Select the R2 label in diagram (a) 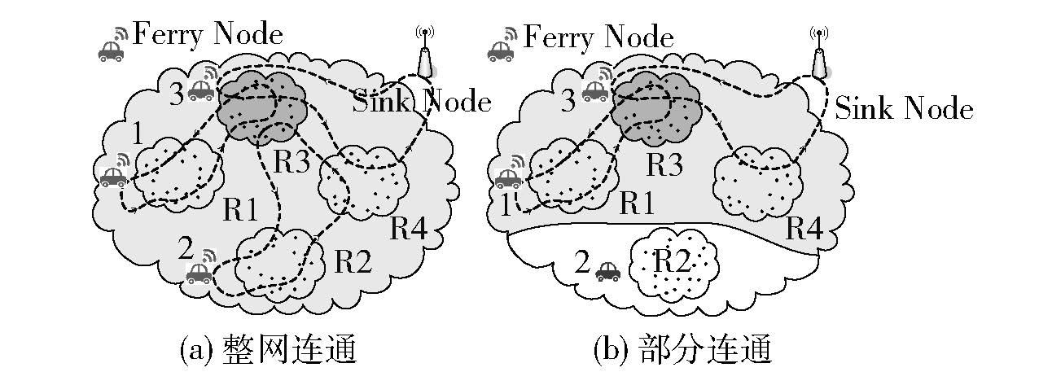tap(353, 261)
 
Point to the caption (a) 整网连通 tap(270, 350)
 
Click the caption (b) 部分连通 tap(682, 350)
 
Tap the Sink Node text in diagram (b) tap(904, 108)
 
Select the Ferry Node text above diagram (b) tap(598, 37)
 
